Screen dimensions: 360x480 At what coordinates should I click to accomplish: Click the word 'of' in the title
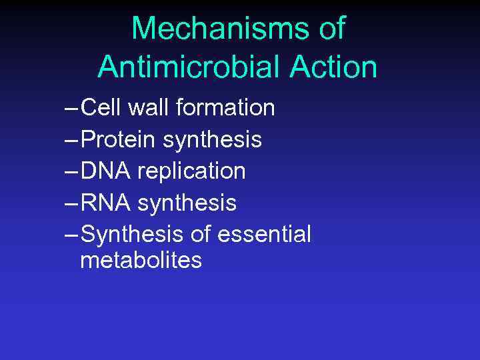331,29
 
